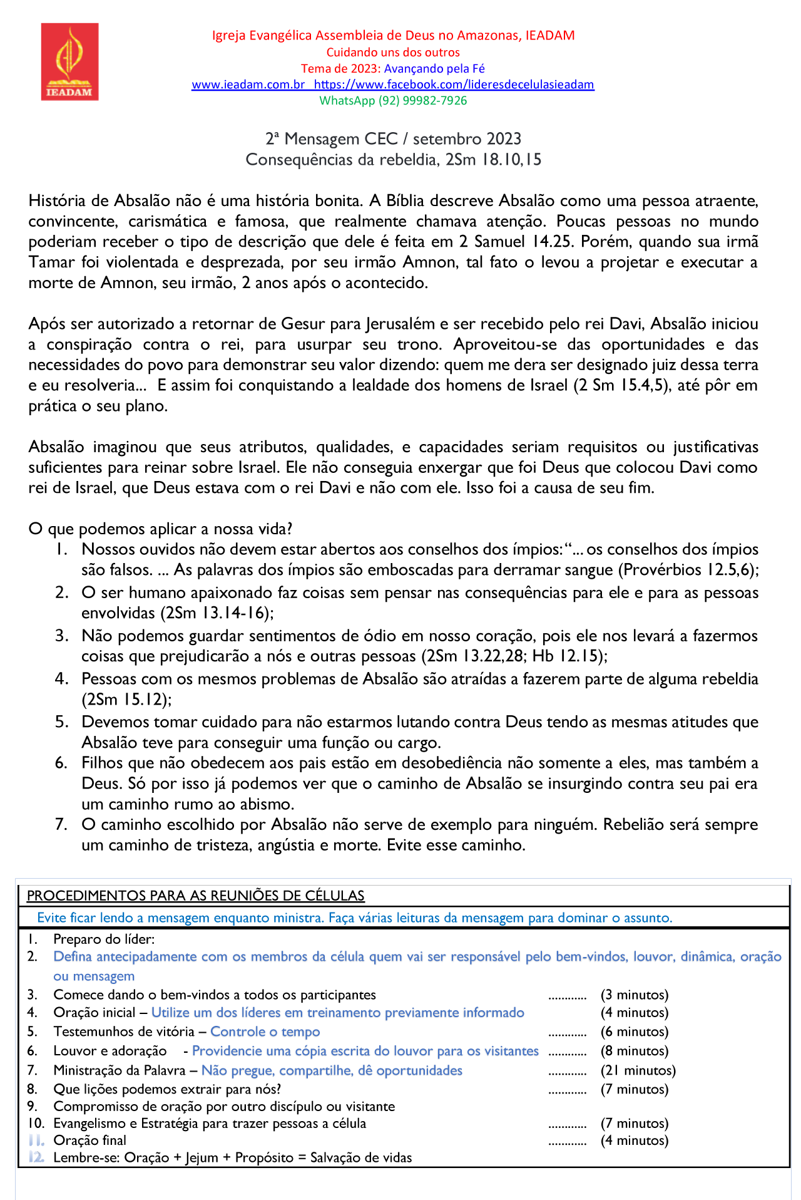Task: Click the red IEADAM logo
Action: coord(69,61)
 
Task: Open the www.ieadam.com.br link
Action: coord(248,85)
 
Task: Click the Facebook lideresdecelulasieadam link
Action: coord(454,85)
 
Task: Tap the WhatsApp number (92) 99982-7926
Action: coord(422,101)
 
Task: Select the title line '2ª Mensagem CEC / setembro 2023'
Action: coord(393,139)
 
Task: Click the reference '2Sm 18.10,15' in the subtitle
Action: coord(493,160)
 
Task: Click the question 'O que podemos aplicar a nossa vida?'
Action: coord(161,529)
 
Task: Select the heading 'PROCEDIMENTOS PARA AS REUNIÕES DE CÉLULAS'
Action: coord(195,896)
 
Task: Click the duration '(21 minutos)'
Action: coord(638,1071)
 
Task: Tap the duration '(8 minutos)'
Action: coord(634,1051)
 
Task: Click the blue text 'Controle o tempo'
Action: coord(265,1032)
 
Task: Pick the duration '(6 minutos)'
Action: coord(634,1032)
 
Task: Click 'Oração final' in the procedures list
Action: coord(89,1141)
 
